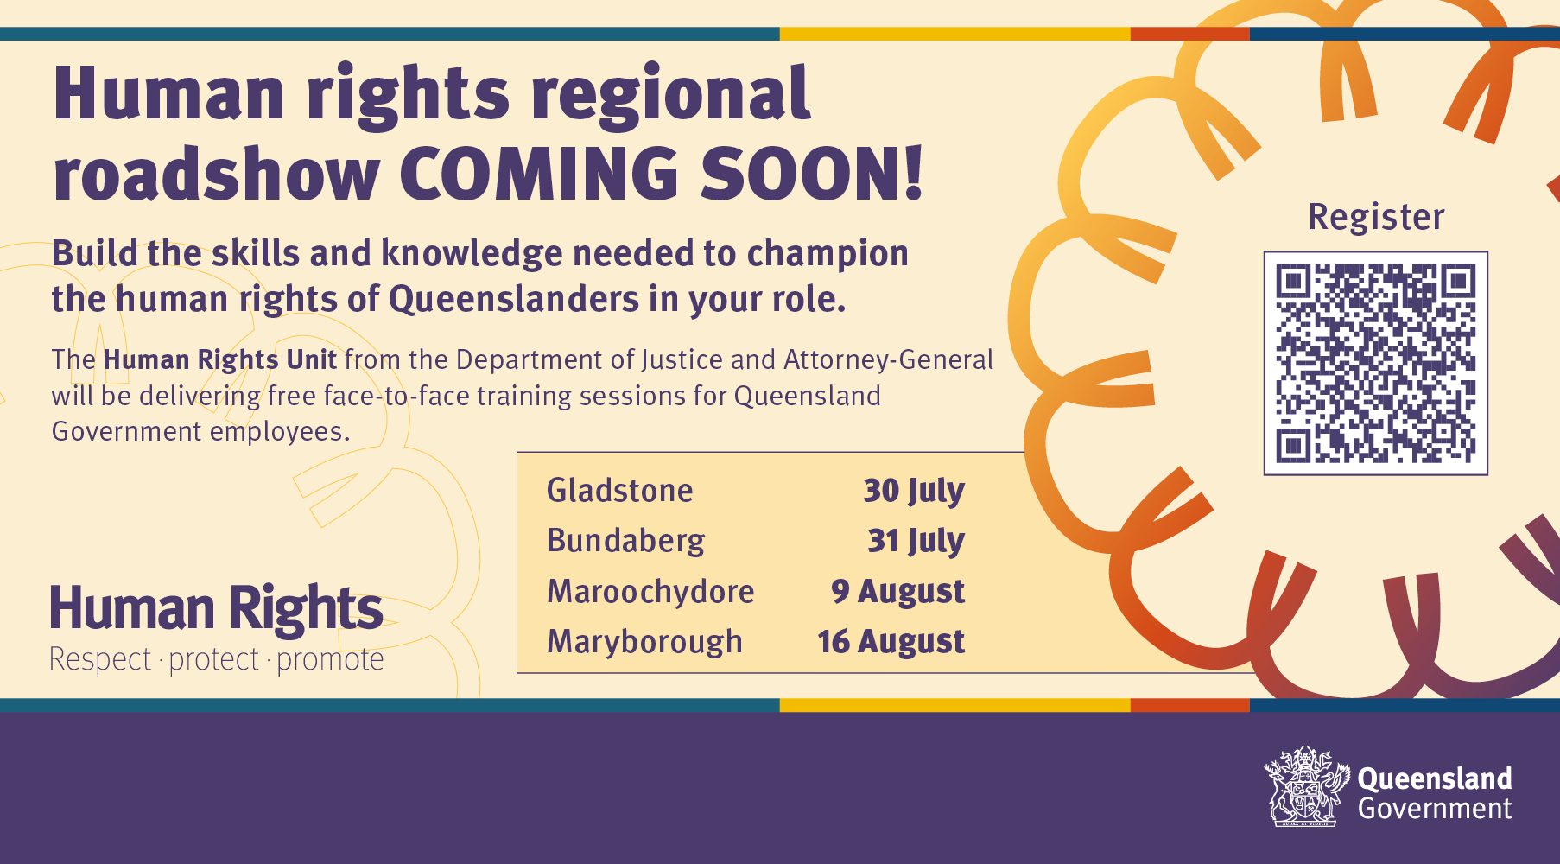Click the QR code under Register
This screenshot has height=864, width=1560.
pos(1376,363)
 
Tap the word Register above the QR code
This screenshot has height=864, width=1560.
pos(1376,217)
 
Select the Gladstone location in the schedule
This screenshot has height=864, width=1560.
pos(620,491)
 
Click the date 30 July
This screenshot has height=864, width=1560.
pos(914,492)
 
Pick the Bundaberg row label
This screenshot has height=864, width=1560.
pos(626,542)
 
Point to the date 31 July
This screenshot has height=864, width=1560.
pos(916,542)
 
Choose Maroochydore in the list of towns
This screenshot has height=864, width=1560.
pos(650,592)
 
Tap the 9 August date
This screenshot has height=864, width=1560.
pos(898,592)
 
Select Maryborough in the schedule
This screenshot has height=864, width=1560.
pos(644,642)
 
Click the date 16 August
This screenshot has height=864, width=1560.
pos(891,642)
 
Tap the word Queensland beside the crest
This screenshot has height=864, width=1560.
pos(1435,778)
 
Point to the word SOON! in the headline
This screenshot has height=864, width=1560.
pos(812,174)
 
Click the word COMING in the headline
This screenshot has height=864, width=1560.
pos(540,174)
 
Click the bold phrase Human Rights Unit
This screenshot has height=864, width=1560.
pos(220,359)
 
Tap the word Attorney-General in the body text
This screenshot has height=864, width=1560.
pos(889,359)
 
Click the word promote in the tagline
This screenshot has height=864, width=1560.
pos(330,660)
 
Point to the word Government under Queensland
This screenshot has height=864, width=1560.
pos(1435,809)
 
